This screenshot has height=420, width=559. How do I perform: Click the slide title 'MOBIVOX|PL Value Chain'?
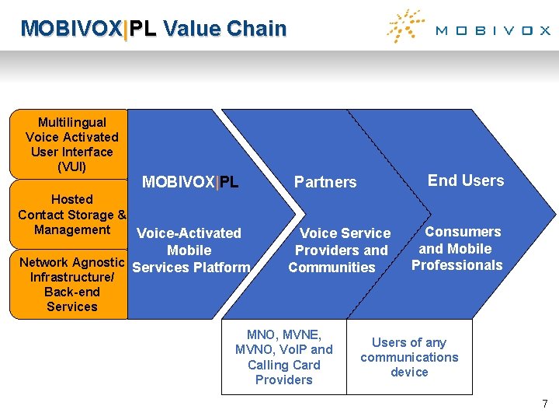154,29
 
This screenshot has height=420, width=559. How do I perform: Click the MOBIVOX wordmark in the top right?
492,31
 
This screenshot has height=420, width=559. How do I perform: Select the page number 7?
544,404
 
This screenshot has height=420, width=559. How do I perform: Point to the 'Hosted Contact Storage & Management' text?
71,215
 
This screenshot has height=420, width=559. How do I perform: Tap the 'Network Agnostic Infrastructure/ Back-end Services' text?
71,284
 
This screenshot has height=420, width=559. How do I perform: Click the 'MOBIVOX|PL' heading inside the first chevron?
190,183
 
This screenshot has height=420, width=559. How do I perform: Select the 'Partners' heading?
325,182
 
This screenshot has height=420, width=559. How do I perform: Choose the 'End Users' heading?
466,180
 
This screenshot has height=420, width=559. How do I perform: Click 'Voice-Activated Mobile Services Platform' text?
190,250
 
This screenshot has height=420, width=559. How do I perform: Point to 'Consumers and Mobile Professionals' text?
458,248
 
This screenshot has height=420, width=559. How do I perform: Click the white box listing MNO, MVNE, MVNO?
283,357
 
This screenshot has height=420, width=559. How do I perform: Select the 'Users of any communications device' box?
409,357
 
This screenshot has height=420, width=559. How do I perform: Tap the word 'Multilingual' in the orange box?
72,122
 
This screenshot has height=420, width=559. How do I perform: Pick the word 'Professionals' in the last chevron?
457,265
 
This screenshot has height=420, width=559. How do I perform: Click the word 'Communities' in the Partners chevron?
332,268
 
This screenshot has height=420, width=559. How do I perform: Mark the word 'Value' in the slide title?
192,29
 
